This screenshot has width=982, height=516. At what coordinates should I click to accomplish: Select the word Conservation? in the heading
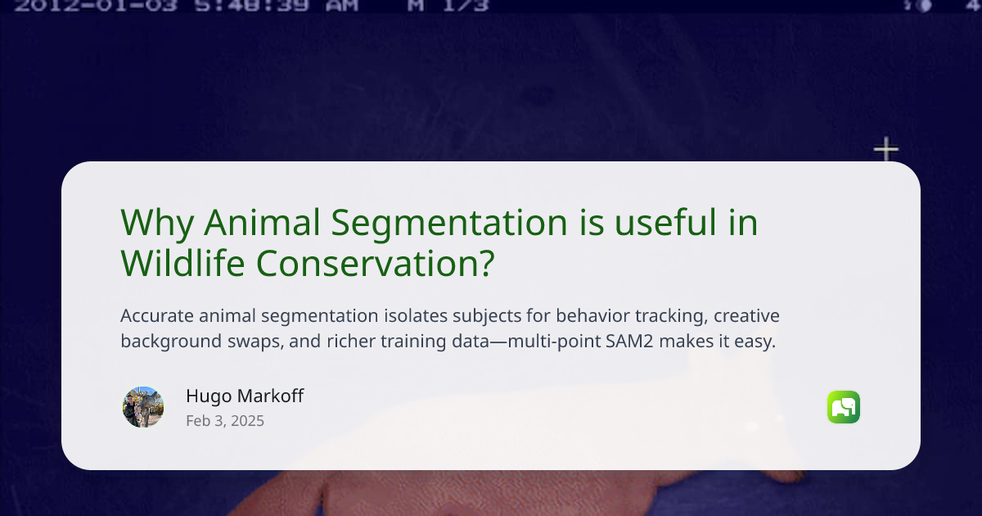point(376,263)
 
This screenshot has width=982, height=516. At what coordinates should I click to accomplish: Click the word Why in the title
point(156,223)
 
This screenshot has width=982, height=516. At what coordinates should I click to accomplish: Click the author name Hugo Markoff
point(245,396)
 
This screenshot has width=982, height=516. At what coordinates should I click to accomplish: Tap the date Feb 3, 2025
point(225,421)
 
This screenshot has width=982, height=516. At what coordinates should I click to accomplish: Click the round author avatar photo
point(143,407)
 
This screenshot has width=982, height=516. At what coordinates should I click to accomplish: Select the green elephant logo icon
point(844,407)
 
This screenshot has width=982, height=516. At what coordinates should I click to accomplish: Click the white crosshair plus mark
point(885,150)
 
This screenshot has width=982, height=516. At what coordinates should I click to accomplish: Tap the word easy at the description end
point(755,342)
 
